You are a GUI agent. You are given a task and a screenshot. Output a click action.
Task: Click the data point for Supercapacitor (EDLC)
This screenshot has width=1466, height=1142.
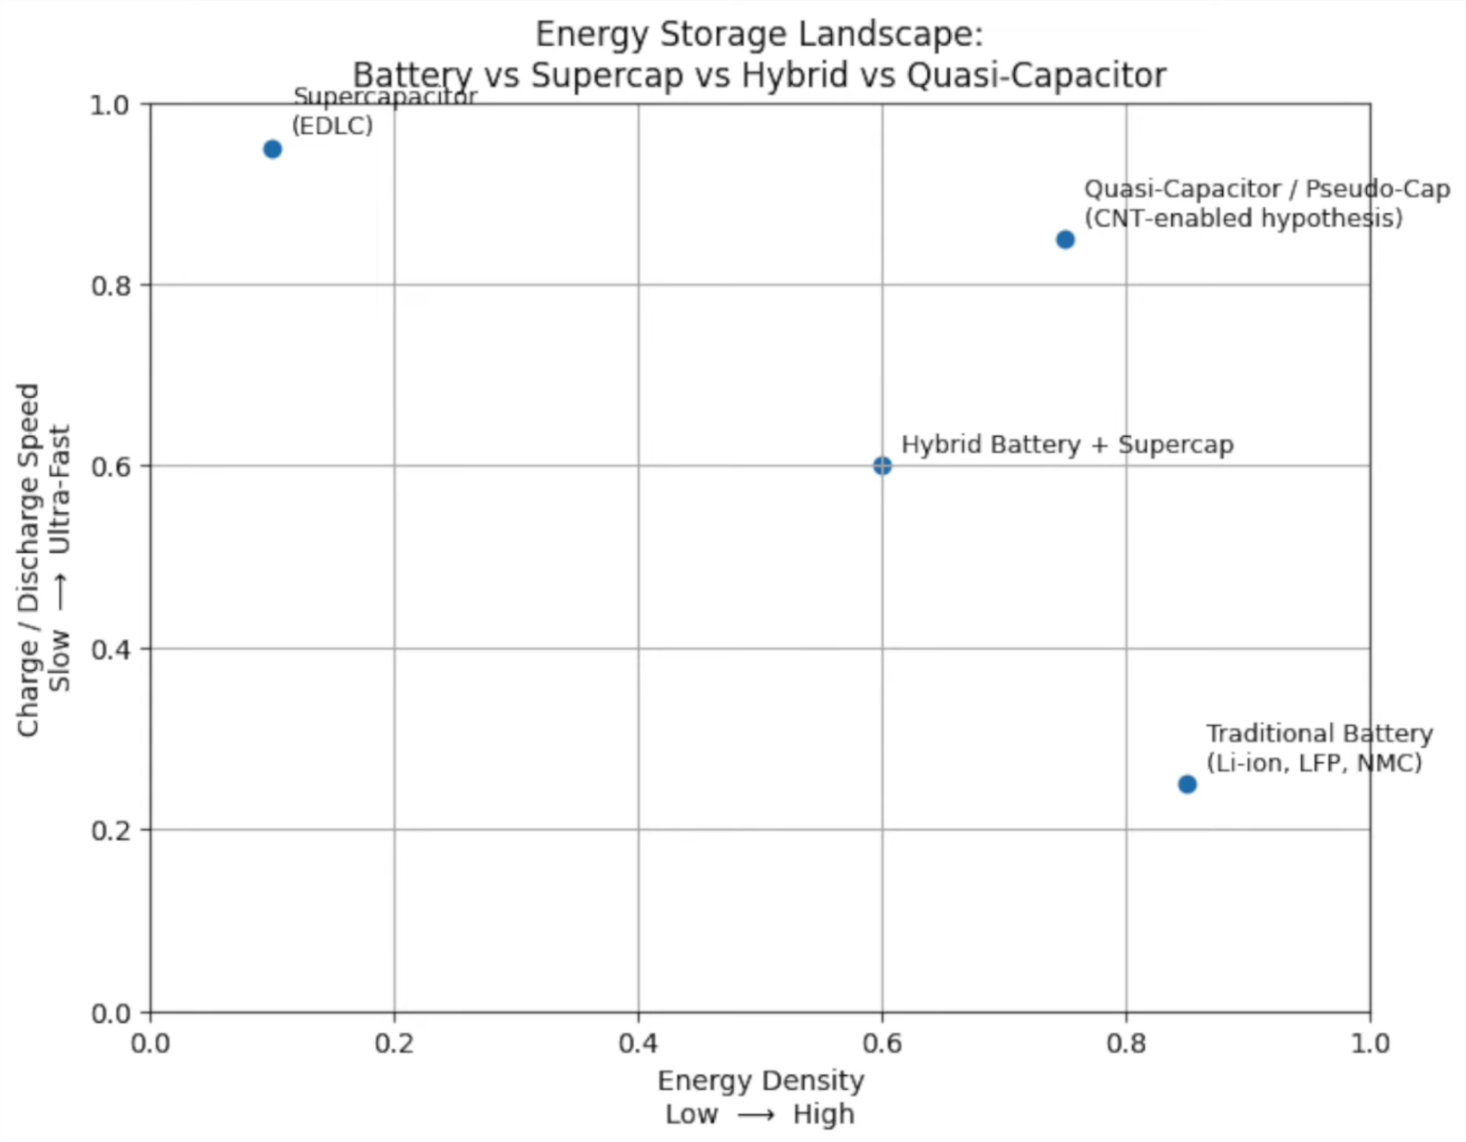coord(272,149)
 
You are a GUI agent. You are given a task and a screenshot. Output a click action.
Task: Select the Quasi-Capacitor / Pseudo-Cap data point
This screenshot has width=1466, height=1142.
coord(1065,240)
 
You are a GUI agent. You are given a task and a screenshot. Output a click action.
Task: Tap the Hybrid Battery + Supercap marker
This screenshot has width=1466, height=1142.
coord(882,465)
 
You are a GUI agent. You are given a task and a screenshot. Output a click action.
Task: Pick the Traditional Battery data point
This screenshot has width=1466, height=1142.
coord(1187,784)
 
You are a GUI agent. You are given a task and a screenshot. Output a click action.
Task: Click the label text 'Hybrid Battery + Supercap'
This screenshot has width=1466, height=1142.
coord(1067,444)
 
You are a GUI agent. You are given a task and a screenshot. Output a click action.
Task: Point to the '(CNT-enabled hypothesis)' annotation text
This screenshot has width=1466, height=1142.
coord(1243,218)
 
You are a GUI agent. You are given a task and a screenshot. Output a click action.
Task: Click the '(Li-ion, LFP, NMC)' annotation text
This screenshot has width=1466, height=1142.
coord(1314,763)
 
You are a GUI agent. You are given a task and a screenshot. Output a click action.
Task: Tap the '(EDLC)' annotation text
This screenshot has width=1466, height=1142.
coord(332,126)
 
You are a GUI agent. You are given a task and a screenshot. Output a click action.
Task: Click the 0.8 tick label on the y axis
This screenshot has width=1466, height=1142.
coord(110,285)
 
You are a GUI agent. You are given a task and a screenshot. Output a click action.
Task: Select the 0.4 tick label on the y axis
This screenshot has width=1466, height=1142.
coord(110,649)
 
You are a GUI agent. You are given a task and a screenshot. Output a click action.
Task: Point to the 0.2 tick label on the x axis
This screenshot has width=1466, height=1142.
coord(394,1044)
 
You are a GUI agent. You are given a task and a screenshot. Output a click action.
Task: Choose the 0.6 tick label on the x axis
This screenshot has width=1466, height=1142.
coord(882,1044)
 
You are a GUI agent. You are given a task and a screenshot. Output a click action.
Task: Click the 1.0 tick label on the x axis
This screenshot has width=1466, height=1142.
coord(1370,1044)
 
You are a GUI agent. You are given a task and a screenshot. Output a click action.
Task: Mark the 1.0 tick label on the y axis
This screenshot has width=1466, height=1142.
coord(110,105)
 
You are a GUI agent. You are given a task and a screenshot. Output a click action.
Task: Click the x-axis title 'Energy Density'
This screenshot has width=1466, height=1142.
coord(761,1081)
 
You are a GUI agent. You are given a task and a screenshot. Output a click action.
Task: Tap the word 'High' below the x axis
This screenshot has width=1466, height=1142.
coord(823,1114)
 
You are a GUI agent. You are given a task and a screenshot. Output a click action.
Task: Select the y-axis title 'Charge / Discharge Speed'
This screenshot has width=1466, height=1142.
coord(29,560)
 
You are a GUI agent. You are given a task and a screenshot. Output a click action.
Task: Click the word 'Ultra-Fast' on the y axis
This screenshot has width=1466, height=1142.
coord(60,489)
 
